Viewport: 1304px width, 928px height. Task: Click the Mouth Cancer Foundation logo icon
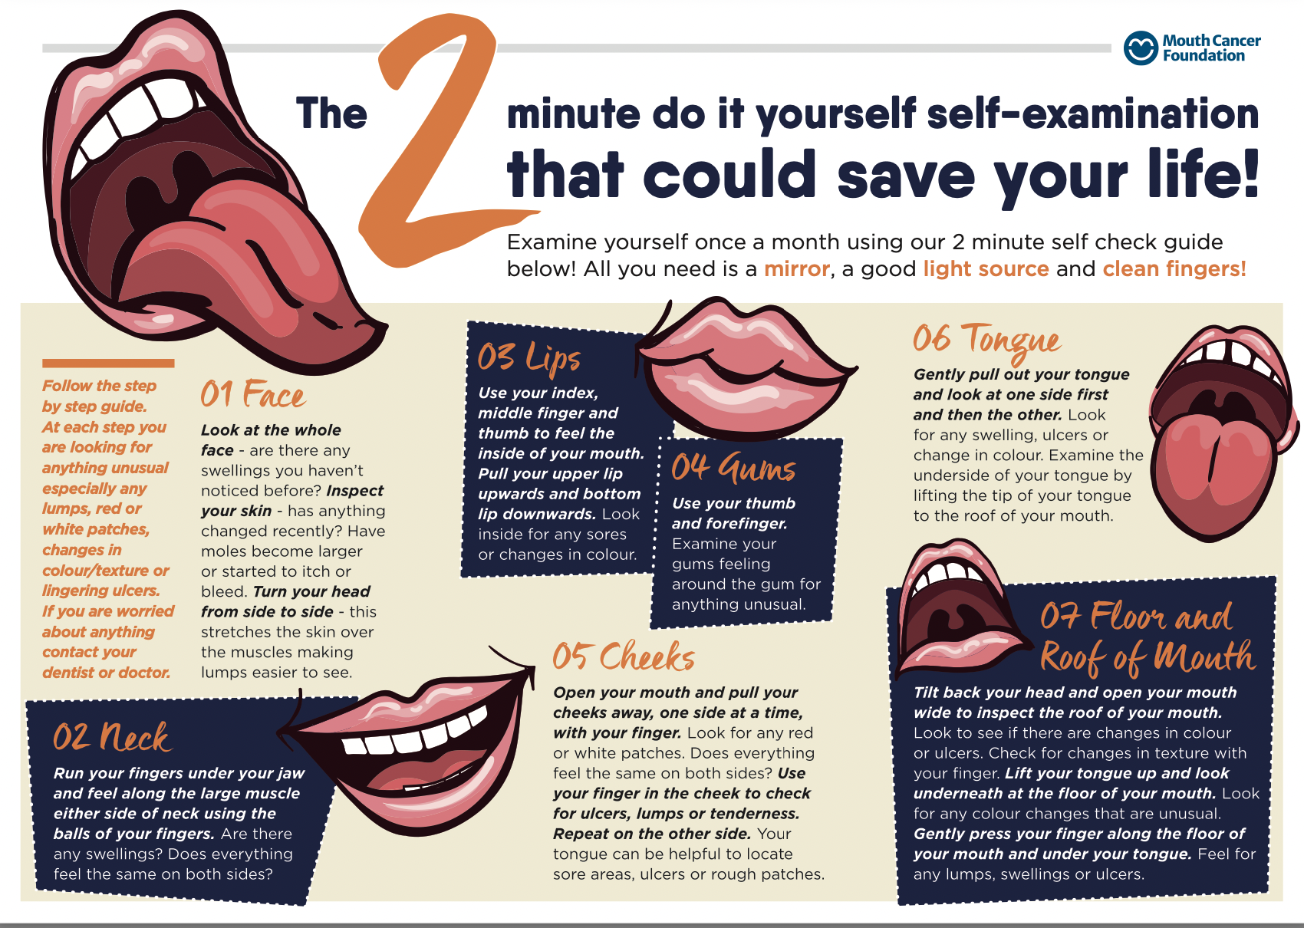tap(1141, 48)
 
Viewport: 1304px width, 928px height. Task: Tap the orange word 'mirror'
tap(796, 269)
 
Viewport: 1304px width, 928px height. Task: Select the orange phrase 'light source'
tap(986, 269)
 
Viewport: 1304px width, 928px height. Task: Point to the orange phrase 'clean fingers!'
tap(1174, 269)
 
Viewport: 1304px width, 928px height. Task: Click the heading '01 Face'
tap(252, 394)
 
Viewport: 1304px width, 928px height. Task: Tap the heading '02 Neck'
tap(112, 737)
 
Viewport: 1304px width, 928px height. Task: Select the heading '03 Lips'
tap(529, 357)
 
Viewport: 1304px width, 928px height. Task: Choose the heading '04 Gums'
tap(733, 468)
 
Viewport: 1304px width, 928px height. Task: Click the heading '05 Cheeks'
tap(624, 657)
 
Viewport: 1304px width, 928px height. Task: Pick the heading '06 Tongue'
tap(987, 340)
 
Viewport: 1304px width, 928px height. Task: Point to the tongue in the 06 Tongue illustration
tap(1212, 472)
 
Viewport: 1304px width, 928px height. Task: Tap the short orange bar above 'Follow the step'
tap(108, 364)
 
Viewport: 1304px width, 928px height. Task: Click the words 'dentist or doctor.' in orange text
tap(106, 673)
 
